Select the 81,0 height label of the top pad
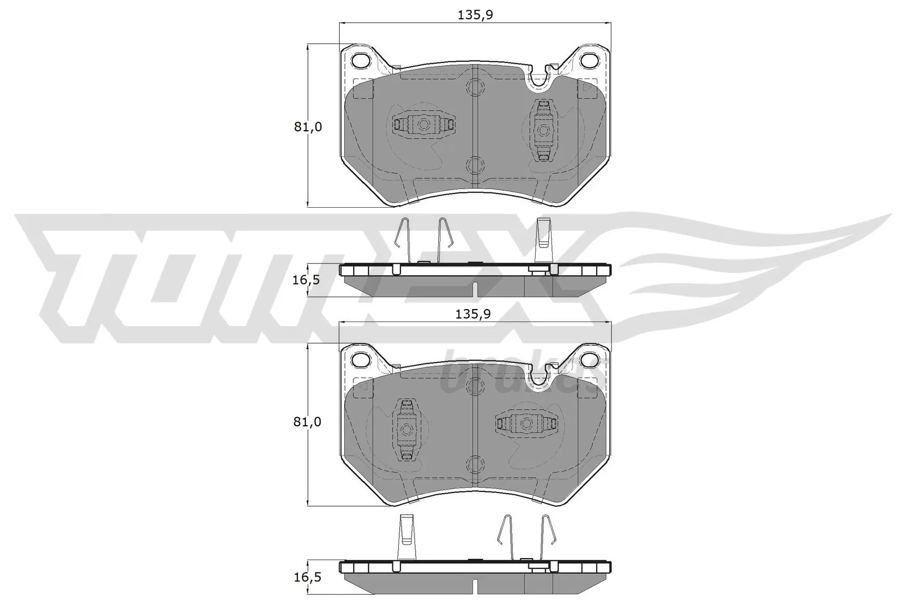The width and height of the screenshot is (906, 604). point(307,127)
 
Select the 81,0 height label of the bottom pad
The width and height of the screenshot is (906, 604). point(307,422)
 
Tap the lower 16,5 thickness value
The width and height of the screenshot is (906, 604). point(307,577)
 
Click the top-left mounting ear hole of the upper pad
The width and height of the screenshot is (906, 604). point(360,59)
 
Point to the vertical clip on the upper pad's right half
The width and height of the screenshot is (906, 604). point(544,130)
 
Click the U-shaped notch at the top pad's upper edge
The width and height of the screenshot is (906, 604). point(540,79)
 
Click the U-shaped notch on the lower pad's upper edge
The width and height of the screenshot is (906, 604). point(540,376)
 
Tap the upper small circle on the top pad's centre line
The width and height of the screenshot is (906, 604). point(475,86)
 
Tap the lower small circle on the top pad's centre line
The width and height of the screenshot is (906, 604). point(475,165)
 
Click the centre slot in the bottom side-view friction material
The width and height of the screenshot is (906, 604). point(475,587)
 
